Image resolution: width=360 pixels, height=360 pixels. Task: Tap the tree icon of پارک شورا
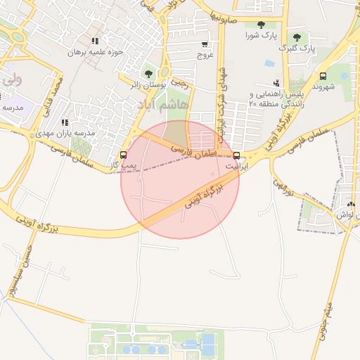(261, 25)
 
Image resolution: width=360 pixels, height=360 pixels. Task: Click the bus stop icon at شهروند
(323, 76)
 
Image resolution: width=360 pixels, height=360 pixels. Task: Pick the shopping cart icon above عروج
(205, 44)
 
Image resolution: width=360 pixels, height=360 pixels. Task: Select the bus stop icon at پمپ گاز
(124, 155)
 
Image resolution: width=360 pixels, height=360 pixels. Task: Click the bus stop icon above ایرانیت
(236, 155)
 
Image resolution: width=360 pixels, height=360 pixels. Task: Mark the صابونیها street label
(233, 15)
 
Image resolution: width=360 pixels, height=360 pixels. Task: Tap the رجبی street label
(181, 83)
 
